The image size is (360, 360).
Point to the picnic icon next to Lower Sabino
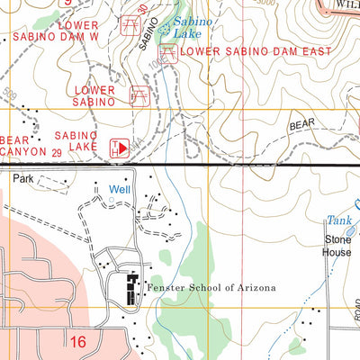tap(139, 96)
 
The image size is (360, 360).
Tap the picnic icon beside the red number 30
tap(131, 21)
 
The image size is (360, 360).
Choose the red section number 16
tap(78, 340)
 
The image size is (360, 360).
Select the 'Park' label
tap(23, 179)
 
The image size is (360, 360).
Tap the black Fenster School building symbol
tap(132, 288)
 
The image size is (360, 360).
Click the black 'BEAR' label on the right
tap(301, 125)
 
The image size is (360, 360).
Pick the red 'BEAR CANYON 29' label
tap(31, 147)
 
